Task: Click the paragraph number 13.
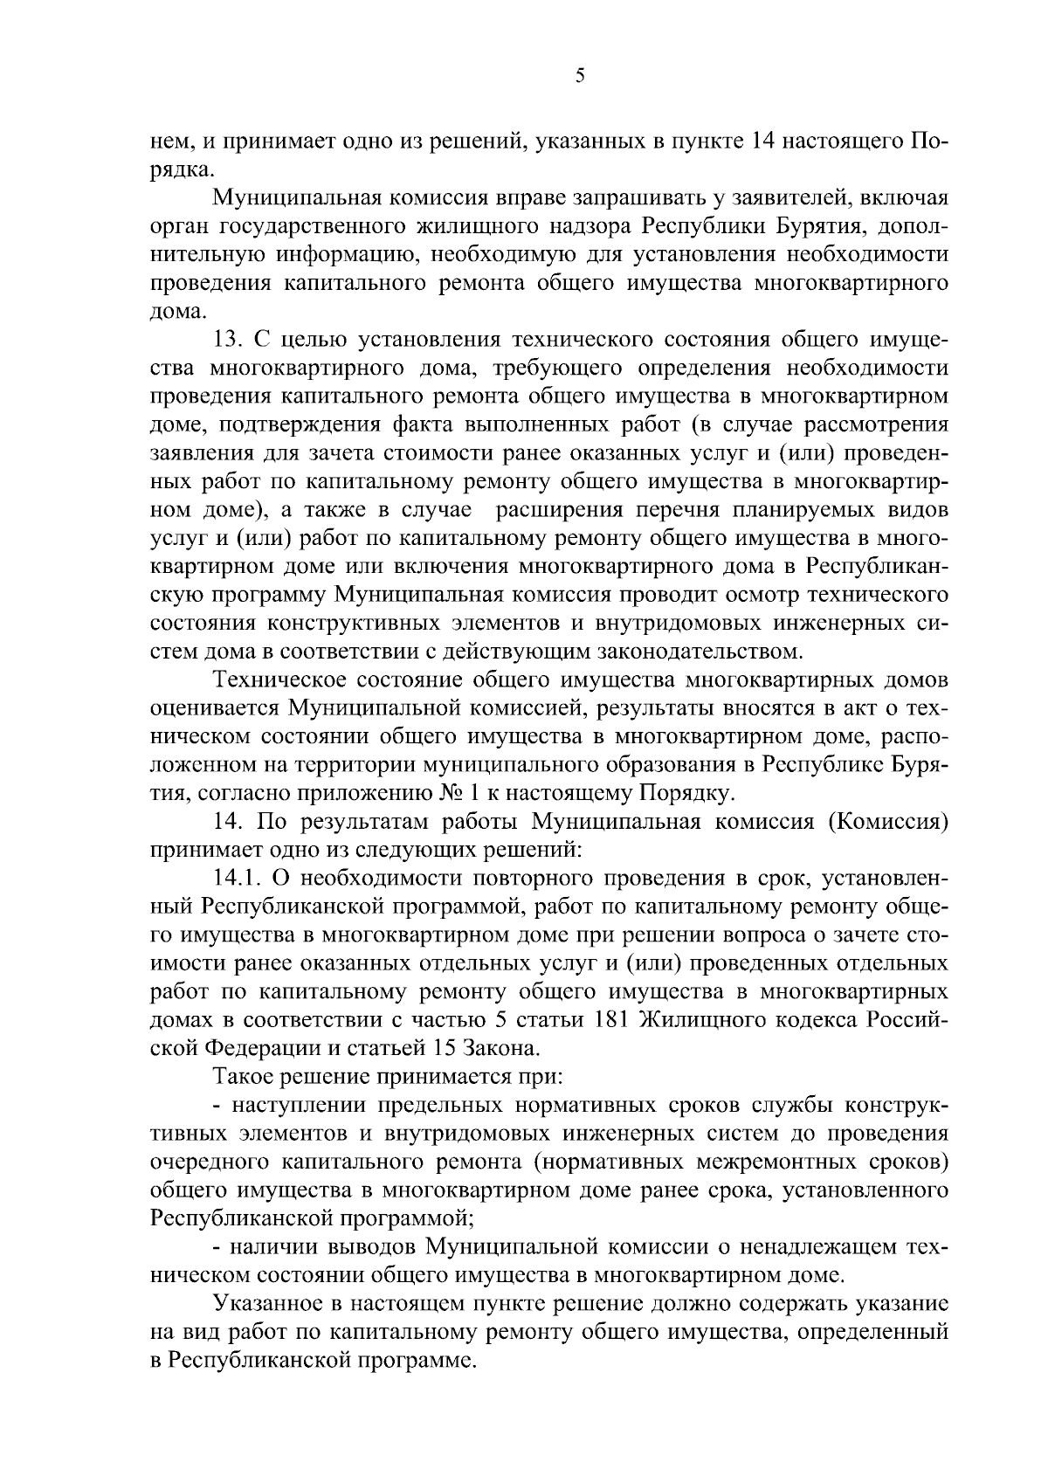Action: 230,338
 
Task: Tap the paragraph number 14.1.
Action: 239,878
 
